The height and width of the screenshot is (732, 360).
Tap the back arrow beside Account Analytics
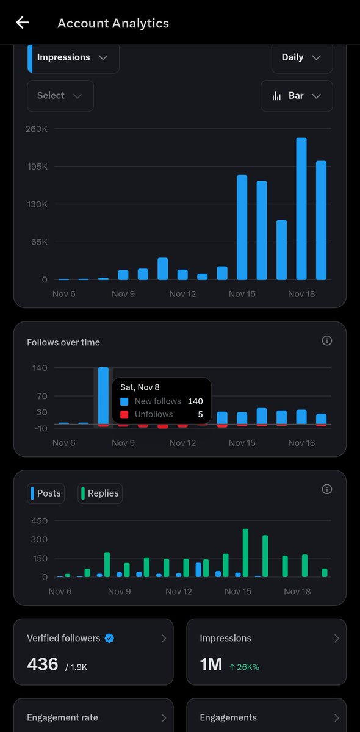pos(23,23)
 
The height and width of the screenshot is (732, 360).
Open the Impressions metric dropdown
pos(73,57)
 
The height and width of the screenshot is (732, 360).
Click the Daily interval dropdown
pos(301,57)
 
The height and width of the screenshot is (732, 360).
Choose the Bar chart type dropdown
pos(297,96)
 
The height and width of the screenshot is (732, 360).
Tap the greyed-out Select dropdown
pos(60,96)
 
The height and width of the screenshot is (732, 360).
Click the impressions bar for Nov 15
pos(242,227)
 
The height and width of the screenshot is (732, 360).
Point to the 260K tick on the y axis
pos(36,129)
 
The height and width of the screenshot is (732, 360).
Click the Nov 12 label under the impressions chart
pos(182,294)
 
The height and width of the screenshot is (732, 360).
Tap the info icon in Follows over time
pos(327,340)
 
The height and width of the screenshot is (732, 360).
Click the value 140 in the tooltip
pos(195,401)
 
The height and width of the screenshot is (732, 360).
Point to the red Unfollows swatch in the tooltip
pos(124,414)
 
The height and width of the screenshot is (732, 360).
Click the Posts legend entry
pos(46,493)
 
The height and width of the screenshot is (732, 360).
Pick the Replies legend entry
pos(100,493)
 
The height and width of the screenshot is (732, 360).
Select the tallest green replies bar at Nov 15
pos(245,553)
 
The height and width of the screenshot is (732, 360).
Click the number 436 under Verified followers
pos(43,664)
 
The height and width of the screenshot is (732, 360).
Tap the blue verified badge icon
pos(109,638)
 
